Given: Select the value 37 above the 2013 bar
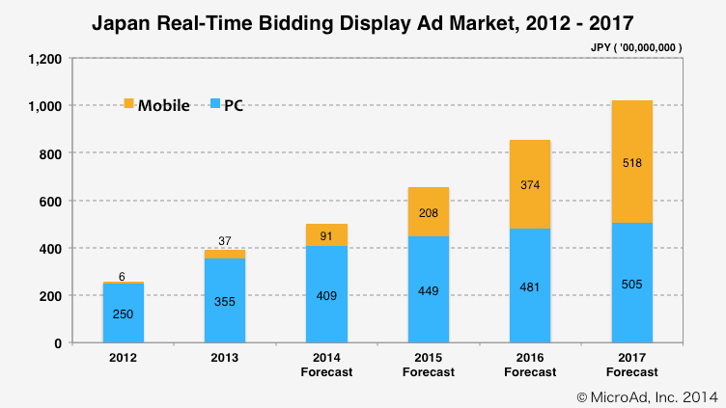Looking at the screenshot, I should click(x=224, y=240).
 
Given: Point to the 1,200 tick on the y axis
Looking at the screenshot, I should click(x=46, y=59).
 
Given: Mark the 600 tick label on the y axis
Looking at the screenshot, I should click(x=50, y=201).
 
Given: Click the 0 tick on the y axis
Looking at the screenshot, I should click(x=57, y=343).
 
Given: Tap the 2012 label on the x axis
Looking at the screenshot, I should click(x=124, y=359).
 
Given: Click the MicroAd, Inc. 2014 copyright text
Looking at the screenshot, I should click(x=647, y=395).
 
